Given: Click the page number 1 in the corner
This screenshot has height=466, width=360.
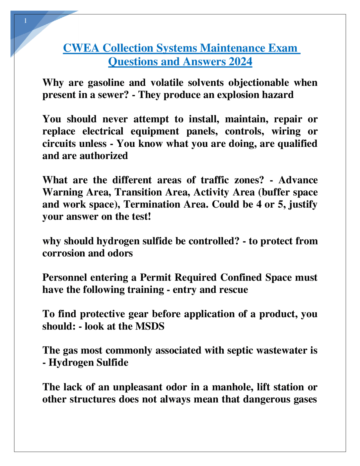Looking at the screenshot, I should (x=25, y=21).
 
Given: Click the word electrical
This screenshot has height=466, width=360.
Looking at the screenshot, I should (x=103, y=131).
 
